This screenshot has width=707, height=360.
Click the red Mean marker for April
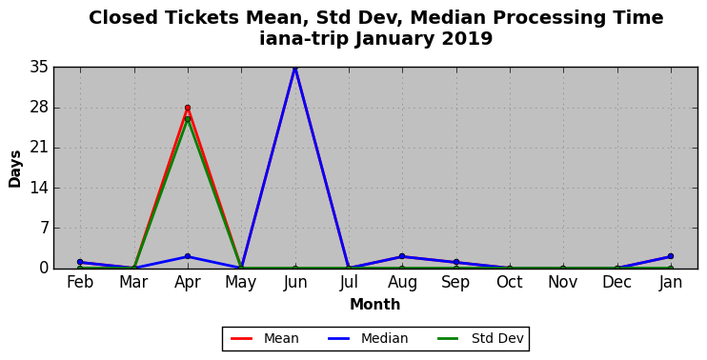click(x=188, y=108)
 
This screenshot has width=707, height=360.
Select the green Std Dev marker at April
click(x=188, y=119)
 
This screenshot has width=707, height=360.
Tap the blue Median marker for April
click(x=188, y=256)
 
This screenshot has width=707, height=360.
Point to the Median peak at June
click(x=294, y=68)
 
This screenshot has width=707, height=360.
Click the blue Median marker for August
click(x=402, y=256)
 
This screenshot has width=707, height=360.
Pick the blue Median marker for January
click(x=671, y=256)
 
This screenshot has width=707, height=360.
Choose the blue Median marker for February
click(x=80, y=262)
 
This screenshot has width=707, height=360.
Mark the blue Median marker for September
click(x=455, y=262)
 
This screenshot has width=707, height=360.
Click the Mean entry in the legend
click(x=265, y=338)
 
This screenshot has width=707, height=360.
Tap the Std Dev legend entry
click(x=480, y=338)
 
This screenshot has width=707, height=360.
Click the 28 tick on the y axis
click(x=40, y=109)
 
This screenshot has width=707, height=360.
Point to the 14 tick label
click(x=40, y=189)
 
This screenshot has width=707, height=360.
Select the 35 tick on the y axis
click(x=40, y=68)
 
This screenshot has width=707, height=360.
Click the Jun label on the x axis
click(x=295, y=283)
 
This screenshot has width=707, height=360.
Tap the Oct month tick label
click(x=510, y=283)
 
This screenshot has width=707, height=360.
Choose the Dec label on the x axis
click(x=616, y=283)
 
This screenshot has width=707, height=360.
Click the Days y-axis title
click(x=15, y=169)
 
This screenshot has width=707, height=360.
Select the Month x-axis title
click(x=375, y=305)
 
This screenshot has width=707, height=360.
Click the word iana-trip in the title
click(x=304, y=39)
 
